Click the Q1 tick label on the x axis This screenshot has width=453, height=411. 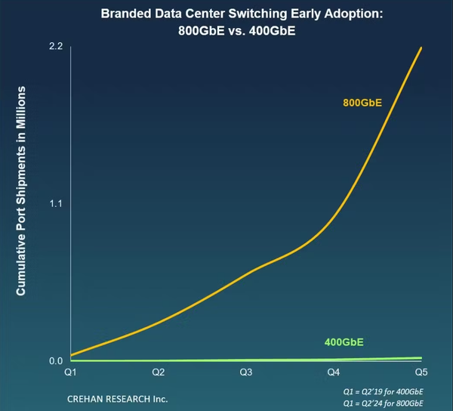point(69,372)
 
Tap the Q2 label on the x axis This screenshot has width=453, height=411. point(158,372)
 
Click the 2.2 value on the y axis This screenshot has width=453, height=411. point(55,47)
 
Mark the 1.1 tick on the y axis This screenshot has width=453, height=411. point(55,204)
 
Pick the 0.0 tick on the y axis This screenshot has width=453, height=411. point(55,360)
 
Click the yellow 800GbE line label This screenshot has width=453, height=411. point(362,103)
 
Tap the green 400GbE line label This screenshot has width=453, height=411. point(344,342)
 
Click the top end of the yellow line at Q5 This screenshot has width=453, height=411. point(421,48)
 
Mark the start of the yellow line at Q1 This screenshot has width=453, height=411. point(70,355)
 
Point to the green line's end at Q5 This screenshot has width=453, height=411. point(421,357)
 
